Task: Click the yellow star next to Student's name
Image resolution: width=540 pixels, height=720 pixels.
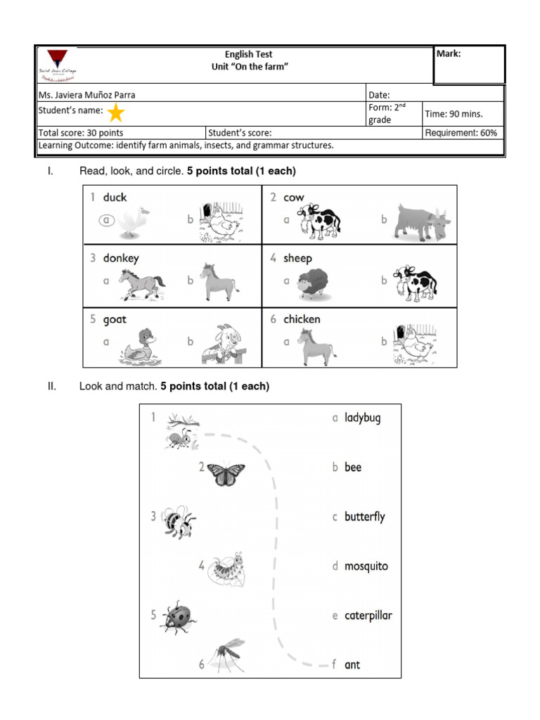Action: click(116, 112)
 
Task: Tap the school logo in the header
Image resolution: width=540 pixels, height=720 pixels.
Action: click(58, 64)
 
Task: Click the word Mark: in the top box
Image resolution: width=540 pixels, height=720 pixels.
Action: click(449, 54)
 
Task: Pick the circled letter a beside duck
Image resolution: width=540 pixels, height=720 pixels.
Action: click(107, 220)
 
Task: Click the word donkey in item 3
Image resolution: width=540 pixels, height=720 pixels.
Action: click(121, 258)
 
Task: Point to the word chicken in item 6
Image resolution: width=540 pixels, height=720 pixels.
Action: click(302, 319)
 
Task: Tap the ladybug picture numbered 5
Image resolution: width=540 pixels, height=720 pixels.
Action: click(178, 617)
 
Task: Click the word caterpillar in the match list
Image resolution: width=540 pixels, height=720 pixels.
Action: click(368, 615)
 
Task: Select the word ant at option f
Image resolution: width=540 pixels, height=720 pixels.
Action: click(352, 664)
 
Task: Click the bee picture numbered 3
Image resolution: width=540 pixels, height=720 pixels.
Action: click(177, 521)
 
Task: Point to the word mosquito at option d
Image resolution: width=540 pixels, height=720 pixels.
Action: click(366, 566)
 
